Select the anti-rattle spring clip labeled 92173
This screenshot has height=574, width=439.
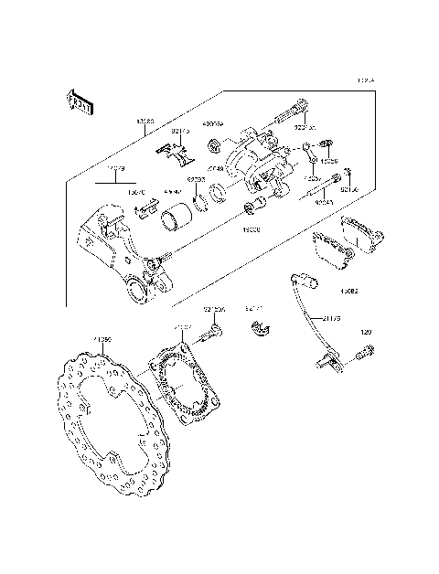(174, 154)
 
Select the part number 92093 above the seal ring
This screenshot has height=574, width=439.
(196, 180)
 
